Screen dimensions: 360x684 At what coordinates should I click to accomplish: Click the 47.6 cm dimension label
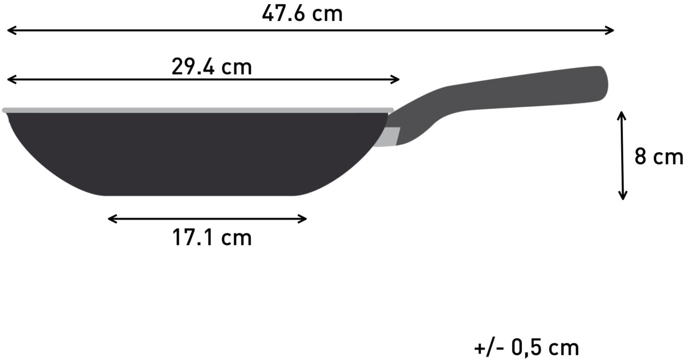302,13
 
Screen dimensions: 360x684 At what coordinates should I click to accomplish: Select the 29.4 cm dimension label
212,67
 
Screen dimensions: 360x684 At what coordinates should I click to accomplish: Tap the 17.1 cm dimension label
212,238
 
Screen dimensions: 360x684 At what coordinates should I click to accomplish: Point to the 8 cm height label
658,157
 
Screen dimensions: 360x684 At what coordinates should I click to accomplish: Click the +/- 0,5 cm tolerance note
526,347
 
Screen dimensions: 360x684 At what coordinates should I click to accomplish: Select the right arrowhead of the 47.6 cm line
610,30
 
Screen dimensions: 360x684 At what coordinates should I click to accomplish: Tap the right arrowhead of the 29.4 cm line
396,79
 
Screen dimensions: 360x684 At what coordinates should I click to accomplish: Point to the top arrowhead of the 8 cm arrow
622,115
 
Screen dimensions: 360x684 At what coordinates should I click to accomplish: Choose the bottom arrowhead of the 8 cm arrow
622,196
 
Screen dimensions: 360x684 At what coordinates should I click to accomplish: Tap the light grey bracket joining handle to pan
391,137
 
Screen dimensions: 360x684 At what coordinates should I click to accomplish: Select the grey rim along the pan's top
200,110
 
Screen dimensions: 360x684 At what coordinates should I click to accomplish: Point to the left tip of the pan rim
4,110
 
